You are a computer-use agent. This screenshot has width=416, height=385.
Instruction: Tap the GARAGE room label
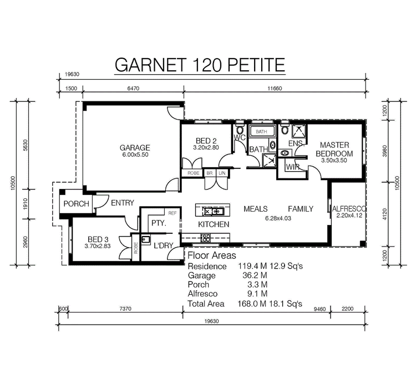click(135, 148)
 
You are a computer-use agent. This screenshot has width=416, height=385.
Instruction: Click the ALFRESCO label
click(349, 209)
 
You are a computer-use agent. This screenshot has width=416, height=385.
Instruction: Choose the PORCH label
click(76, 204)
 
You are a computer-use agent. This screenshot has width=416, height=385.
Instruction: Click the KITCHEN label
click(214, 224)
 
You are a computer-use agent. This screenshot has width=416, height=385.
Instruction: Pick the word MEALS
click(256, 209)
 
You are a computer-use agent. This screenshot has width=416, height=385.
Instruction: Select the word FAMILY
click(300, 209)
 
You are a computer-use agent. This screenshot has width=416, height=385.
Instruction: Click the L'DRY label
click(164, 245)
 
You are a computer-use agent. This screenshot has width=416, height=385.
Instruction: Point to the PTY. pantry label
click(160, 223)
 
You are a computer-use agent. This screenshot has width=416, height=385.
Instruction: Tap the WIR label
click(293, 167)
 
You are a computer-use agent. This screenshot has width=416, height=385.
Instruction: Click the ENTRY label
click(122, 203)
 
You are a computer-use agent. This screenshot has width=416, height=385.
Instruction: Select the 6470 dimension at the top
click(134, 88)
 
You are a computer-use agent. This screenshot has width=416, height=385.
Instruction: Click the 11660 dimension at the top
click(274, 88)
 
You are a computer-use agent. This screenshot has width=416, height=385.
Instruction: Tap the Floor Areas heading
click(212, 256)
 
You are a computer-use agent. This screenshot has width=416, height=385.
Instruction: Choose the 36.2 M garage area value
click(255, 275)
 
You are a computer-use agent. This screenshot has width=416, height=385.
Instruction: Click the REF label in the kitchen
click(172, 213)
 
